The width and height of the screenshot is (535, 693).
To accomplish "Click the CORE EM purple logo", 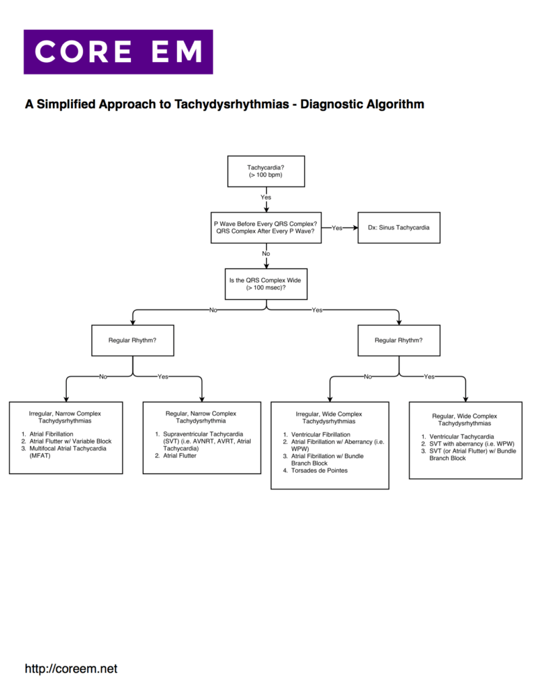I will [x=118, y=52].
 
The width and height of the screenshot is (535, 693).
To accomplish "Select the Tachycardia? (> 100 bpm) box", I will [x=265, y=171].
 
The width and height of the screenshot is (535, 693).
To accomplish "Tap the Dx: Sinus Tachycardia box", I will [x=398, y=227].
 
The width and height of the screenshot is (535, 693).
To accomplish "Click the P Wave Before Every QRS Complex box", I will [x=265, y=227].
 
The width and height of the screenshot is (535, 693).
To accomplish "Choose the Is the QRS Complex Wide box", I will [x=265, y=284].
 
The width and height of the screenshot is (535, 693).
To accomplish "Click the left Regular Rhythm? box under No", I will [x=132, y=340].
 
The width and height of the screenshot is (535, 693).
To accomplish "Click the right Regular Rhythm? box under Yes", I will [x=398, y=340].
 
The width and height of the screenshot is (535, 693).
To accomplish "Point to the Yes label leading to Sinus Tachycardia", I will [x=337, y=228].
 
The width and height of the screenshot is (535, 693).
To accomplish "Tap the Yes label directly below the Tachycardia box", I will [x=266, y=197].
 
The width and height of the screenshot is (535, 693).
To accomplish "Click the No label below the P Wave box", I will [x=266, y=254].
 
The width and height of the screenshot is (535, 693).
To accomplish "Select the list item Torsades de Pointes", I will [x=320, y=471].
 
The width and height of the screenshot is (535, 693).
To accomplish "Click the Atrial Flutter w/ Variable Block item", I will [x=70, y=441].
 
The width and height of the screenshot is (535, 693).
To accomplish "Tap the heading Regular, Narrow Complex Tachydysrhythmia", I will [x=201, y=417].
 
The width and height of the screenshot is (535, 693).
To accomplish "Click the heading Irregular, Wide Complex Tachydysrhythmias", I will [x=328, y=418].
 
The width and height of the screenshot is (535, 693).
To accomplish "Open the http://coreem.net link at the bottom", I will [x=71, y=669].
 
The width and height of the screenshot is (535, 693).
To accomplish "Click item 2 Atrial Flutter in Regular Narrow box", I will [x=179, y=456].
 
